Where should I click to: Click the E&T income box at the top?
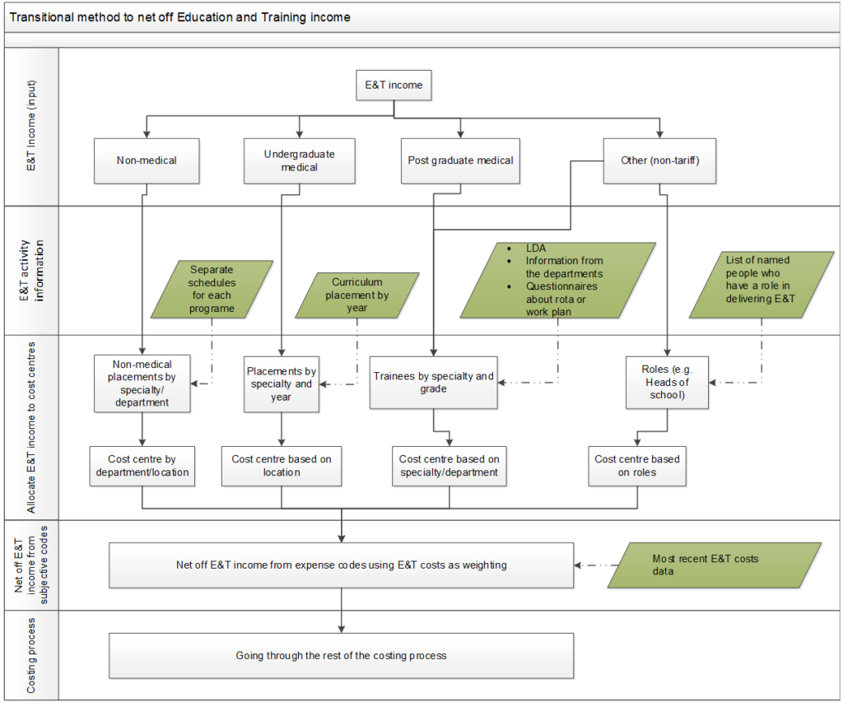click(394, 86)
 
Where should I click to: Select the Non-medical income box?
click(147, 160)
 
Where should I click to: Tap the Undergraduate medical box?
click(299, 160)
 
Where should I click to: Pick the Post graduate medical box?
click(460, 160)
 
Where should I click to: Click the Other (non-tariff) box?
click(660, 160)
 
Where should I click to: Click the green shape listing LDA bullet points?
click(558, 280)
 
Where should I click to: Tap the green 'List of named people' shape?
click(761, 285)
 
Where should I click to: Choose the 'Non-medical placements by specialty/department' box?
click(142, 382)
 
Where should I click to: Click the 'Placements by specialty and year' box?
click(282, 384)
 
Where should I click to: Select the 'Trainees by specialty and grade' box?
click(434, 382)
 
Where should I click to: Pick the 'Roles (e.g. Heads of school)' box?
click(667, 382)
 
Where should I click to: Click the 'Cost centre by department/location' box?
click(142, 466)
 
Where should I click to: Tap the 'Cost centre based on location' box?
click(282, 466)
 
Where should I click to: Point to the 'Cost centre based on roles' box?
click(637, 466)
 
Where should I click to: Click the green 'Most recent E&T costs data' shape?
click(714, 565)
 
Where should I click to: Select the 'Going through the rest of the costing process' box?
click(341, 656)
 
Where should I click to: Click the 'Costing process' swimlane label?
click(32, 656)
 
